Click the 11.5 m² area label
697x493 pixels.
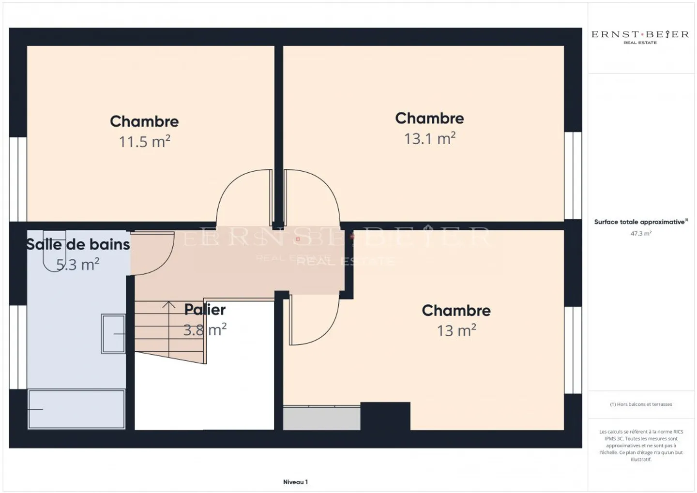pyautogui.click(x=144, y=142)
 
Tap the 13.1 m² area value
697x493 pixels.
pyautogui.click(x=429, y=139)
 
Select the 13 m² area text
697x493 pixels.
pyautogui.click(x=456, y=331)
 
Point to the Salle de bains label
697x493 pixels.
pyautogui.click(x=78, y=244)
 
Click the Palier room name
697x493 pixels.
pyautogui.click(x=205, y=310)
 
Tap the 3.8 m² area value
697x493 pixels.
pyautogui.click(x=205, y=330)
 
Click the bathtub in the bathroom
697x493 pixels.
pyautogui.click(x=76, y=409)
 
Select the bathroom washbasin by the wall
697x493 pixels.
pyautogui.click(x=113, y=334)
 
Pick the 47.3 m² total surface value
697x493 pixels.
pyautogui.click(x=641, y=234)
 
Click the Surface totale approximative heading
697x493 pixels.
pyautogui.click(x=640, y=222)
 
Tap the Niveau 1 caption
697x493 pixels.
pyautogui.click(x=295, y=482)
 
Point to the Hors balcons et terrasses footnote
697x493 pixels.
pyautogui.click(x=641, y=404)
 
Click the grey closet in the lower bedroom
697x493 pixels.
pyautogui.click(x=321, y=418)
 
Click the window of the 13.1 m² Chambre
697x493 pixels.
pyautogui.click(x=573, y=176)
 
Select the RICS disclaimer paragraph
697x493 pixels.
pyautogui.click(x=641, y=446)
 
